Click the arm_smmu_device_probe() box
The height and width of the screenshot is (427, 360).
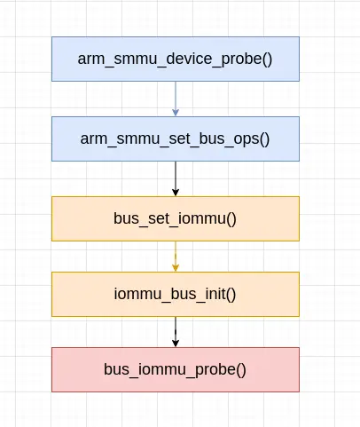[176, 59]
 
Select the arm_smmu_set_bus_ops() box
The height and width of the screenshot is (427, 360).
[176, 138]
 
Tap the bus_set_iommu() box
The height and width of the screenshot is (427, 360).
[176, 218]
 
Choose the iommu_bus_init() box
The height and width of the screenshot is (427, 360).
[176, 294]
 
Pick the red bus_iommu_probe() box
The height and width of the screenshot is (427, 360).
[176, 369]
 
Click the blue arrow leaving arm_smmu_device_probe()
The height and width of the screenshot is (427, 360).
[176, 96]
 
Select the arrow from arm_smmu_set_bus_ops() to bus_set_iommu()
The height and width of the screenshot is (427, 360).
[176, 176]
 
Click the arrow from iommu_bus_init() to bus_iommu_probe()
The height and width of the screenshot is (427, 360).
[176, 329]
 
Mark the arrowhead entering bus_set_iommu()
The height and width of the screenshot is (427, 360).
[176, 192]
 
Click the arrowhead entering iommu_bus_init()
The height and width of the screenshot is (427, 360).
[176, 267]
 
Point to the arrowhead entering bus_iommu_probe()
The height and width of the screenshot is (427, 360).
[176, 343]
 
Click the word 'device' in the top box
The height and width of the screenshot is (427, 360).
[183, 59]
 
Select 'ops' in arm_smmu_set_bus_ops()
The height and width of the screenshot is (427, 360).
[247, 138]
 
